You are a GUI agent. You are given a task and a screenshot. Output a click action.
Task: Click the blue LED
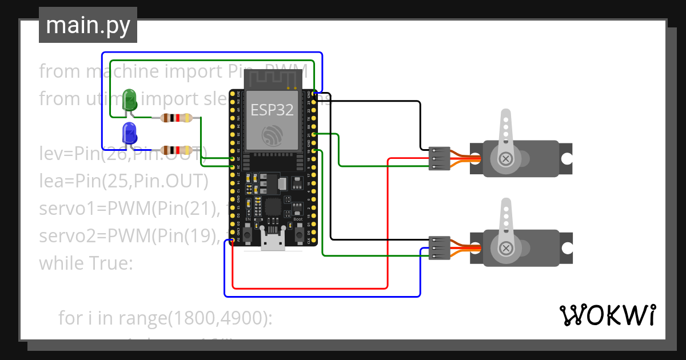(x=130, y=134)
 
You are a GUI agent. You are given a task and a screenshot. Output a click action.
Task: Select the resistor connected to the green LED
(x=176, y=118)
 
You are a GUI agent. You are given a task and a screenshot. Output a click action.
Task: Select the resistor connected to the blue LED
(x=176, y=150)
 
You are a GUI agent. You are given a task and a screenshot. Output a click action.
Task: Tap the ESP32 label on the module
(x=272, y=110)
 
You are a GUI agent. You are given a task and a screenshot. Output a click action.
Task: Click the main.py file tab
(x=88, y=25)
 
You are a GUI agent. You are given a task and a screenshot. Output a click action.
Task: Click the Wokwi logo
(x=607, y=315)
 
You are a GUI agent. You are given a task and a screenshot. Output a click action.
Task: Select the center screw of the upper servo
(x=506, y=158)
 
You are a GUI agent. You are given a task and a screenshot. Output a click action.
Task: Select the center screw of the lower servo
(x=506, y=247)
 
